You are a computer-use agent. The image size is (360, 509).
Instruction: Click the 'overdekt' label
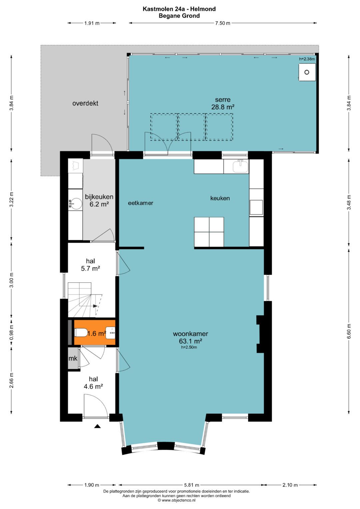tap(85, 103)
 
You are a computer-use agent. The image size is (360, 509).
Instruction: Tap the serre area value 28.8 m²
tap(223, 107)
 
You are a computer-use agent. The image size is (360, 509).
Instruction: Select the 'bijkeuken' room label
tap(99, 197)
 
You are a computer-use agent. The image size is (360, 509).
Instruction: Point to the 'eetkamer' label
tap(140, 203)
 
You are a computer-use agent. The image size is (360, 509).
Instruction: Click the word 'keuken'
tap(220, 198)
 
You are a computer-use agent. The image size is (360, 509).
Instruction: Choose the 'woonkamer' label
tap(190, 334)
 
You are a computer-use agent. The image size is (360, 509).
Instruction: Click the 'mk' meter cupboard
tap(73, 358)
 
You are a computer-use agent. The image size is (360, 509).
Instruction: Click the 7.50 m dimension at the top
tap(223, 23)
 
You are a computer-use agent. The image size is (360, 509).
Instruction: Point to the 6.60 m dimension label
tap(349, 331)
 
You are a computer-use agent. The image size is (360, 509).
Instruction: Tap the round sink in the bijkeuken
tap(76, 203)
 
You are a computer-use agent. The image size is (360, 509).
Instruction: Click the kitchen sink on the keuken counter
tap(240, 166)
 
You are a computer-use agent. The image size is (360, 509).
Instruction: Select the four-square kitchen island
tap(209, 232)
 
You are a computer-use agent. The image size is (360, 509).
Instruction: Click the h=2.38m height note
tap(307, 59)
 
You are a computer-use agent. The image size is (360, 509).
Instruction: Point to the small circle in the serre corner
tap(307, 72)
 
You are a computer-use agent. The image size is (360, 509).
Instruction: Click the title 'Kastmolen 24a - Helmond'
tap(179, 9)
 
